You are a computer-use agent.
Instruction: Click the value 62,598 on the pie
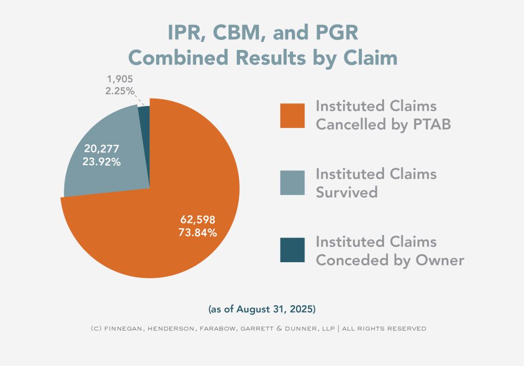[198, 219]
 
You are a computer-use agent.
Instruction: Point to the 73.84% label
[198, 232]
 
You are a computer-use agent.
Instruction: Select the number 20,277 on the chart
[102, 149]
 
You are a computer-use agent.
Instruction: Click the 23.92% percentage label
[102, 162]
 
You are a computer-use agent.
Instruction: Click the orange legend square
[292, 116]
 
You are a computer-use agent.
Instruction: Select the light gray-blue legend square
[292, 183]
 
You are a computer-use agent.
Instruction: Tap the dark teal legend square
[292, 250]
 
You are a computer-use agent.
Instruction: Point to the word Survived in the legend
[346, 192]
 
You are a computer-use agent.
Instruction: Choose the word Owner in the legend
[440, 260]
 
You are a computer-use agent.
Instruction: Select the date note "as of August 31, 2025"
[262, 309]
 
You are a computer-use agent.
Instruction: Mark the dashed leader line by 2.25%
[139, 98]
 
